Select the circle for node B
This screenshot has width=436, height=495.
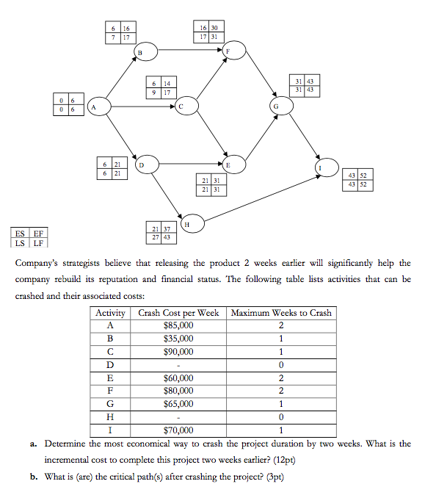point(145,51)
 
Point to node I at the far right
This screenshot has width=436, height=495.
point(320,166)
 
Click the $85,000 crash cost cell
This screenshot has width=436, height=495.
point(180,325)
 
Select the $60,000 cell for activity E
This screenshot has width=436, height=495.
point(180,377)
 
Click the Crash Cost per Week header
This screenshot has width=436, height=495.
point(180,312)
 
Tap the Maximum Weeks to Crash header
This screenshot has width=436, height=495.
point(281,312)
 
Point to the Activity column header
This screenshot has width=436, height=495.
point(111,312)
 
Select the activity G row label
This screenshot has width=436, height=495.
point(111,404)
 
